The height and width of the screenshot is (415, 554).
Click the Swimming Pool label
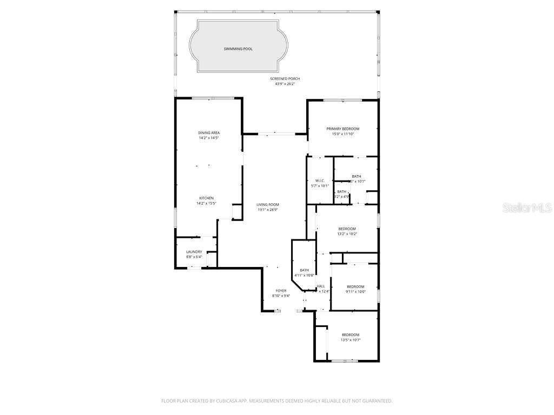click(x=238, y=49)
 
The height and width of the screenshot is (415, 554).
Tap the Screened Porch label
click(x=285, y=79)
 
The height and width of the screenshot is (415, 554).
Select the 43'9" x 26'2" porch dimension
click(x=285, y=84)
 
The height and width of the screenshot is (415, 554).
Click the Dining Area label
click(x=208, y=132)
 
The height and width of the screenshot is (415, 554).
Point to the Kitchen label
click(x=206, y=198)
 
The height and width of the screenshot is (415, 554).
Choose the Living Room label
click(x=268, y=204)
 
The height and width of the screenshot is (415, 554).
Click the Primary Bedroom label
click(x=342, y=129)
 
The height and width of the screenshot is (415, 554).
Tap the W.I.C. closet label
click(x=320, y=180)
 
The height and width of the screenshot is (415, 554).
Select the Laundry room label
click(x=194, y=252)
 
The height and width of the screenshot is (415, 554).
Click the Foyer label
click(x=281, y=291)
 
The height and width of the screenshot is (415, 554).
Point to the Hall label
click(x=321, y=286)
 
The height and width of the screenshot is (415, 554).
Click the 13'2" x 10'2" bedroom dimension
click(x=347, y=234)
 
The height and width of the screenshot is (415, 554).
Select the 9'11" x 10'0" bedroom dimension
click(x=355, y=292)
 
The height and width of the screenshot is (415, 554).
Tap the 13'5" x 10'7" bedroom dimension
click(x=350, y=340)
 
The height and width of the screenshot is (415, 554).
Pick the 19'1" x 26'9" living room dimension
click(x=268, y=210)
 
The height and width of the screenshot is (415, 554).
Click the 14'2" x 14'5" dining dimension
click(x=208, y=138)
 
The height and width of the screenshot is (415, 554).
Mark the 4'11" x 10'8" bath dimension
click(x=304, y=276)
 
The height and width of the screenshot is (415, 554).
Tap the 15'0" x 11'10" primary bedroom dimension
click(x=342, y=134)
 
